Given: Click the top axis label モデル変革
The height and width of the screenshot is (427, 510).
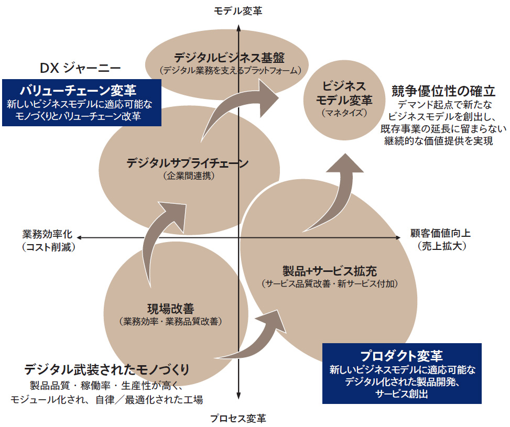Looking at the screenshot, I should tap(238, 10).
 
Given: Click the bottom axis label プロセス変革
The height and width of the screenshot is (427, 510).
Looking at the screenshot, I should tap(238, 419).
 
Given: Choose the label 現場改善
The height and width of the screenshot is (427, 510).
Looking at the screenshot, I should tap(170, 309).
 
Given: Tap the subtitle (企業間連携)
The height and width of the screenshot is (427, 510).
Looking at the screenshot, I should tap(188, 177).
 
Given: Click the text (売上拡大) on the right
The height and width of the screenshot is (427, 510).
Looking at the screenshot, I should tap(439, 246).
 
